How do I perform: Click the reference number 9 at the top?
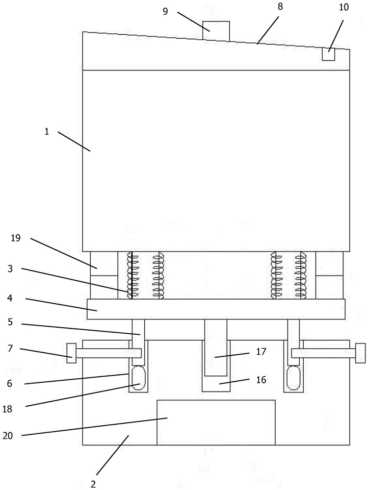click(x=165, y=11)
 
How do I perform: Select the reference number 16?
click(x=260, y=380)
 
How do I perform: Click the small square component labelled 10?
click(x=328, y=54)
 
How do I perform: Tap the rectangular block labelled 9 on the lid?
click(x=217, y=30)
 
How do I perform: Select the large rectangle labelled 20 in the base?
click(x=216, y=422)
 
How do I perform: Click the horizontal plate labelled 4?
click(x=216, y=309)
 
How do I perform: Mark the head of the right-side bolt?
click(x=361, y=353)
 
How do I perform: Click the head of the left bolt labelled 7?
click(x=71, y=353)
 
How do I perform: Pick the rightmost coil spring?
click(x=300, y=275)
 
